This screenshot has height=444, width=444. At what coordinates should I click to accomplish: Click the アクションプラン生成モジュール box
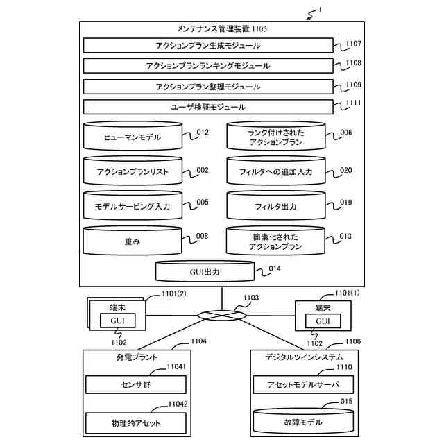click(x=208, y=45)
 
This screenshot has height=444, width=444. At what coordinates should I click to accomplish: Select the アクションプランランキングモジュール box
click(x=208, y=66)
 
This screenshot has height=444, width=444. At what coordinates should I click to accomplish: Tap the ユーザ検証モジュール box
click(x=208, y=107)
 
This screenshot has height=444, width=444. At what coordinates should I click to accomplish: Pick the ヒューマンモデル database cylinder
click(x=133, y=136)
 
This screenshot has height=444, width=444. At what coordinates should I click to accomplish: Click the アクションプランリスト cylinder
click(x=133, y=171)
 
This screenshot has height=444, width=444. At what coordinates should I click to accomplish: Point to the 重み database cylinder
click(x=133, y=241)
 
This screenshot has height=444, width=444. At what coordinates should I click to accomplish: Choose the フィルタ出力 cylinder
click(x=276, y=205)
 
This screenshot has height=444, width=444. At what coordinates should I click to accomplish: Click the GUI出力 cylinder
click(x=205, y=271)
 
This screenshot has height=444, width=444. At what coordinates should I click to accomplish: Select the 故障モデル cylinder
click(x=303, y=421)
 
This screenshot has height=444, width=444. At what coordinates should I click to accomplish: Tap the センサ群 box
click(x=136, y=384)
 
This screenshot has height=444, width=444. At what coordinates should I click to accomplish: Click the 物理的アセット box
click(x=136, y=423)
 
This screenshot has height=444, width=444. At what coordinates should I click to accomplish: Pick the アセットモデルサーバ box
click(x=303, y=384)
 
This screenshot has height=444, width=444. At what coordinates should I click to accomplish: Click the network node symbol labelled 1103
click(x=222, y=316)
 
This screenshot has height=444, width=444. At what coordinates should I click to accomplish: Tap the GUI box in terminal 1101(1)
click(x=323, y=321)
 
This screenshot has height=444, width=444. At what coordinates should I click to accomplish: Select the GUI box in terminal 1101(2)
click(x=117, y=321)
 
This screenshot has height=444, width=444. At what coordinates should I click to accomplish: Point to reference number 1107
click(x=354, y=44)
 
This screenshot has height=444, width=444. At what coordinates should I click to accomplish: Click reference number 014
click(x=275, y=268)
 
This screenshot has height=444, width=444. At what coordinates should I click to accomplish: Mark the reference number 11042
click(x=178, y=404)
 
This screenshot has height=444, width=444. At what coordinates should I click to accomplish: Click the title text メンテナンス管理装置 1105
click(x=222, y=28)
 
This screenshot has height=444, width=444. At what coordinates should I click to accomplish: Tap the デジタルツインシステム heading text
click(x=304, y=357)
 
